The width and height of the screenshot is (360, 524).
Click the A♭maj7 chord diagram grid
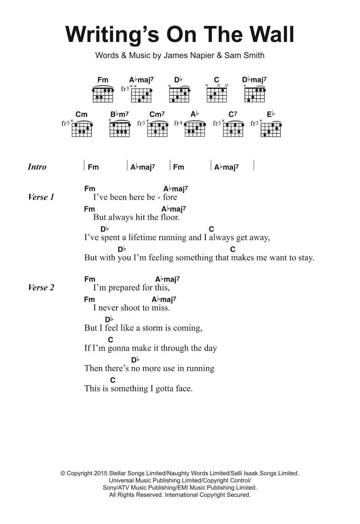click(x=141, y=95)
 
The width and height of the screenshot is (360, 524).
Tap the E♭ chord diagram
click(x=271, y=129)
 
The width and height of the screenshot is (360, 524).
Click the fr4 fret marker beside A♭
click(x=178, y=123)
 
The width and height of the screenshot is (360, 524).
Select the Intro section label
click(x=37, y=167)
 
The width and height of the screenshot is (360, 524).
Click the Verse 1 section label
click(x=41, y=197)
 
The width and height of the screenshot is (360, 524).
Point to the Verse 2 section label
click(x=41, y=287)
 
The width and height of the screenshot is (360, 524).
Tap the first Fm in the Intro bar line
click(x=93, y=167)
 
